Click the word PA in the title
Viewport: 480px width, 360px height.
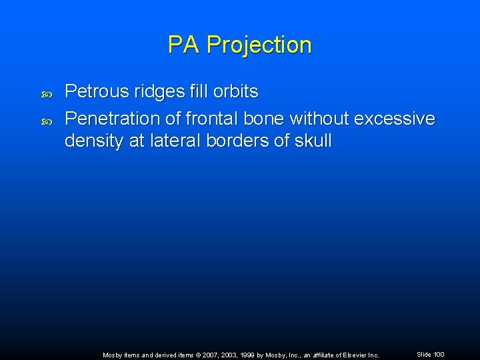[184, 45]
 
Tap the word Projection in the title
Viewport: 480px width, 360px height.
[259, 45]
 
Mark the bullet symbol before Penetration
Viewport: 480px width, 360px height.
[47, 121]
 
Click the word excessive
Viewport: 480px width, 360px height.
[395, 119]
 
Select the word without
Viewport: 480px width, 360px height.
[311, 119]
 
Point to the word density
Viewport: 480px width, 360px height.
[93, 141]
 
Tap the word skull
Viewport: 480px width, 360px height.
[313, 141]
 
